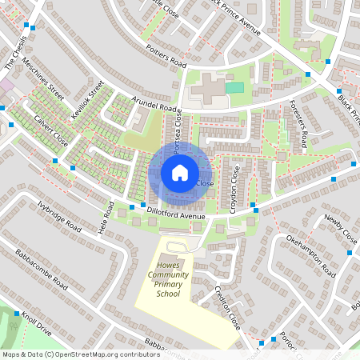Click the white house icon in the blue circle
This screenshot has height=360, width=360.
click(x=180, y=172)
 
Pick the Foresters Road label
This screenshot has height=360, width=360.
click(x=298, y=125)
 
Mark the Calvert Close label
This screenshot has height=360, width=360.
click(x=50, y=126)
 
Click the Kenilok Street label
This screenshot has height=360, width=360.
click(x=88, y=101)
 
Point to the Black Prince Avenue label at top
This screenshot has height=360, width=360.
click(x=233, y=17)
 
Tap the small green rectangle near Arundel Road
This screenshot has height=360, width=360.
click(x=234, y=87)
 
